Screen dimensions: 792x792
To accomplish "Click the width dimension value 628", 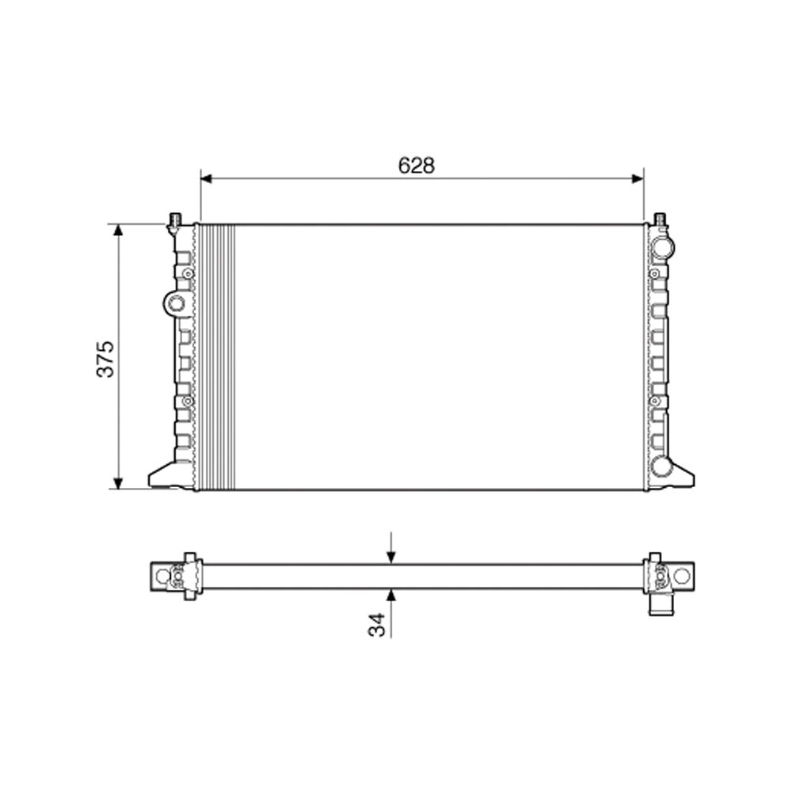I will pos(417,165).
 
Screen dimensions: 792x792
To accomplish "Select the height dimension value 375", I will pos(106,358).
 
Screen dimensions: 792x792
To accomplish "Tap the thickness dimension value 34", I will pos(377,624).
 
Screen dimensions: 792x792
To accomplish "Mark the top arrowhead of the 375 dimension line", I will pos(119,230).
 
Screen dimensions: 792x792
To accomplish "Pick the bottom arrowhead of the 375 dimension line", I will pos(119,482).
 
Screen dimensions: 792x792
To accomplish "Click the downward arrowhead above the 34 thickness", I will pos(390,558).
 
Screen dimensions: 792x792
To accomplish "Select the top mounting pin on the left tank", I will pos(175,219).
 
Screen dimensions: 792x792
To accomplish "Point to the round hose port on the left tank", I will pos(176,302).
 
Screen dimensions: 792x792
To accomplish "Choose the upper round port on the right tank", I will pos(661,246).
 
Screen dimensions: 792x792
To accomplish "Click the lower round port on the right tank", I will pos(661,466).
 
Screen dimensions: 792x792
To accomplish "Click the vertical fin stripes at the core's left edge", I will pos(216,356).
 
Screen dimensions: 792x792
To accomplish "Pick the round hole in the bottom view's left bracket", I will pos(162,577).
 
